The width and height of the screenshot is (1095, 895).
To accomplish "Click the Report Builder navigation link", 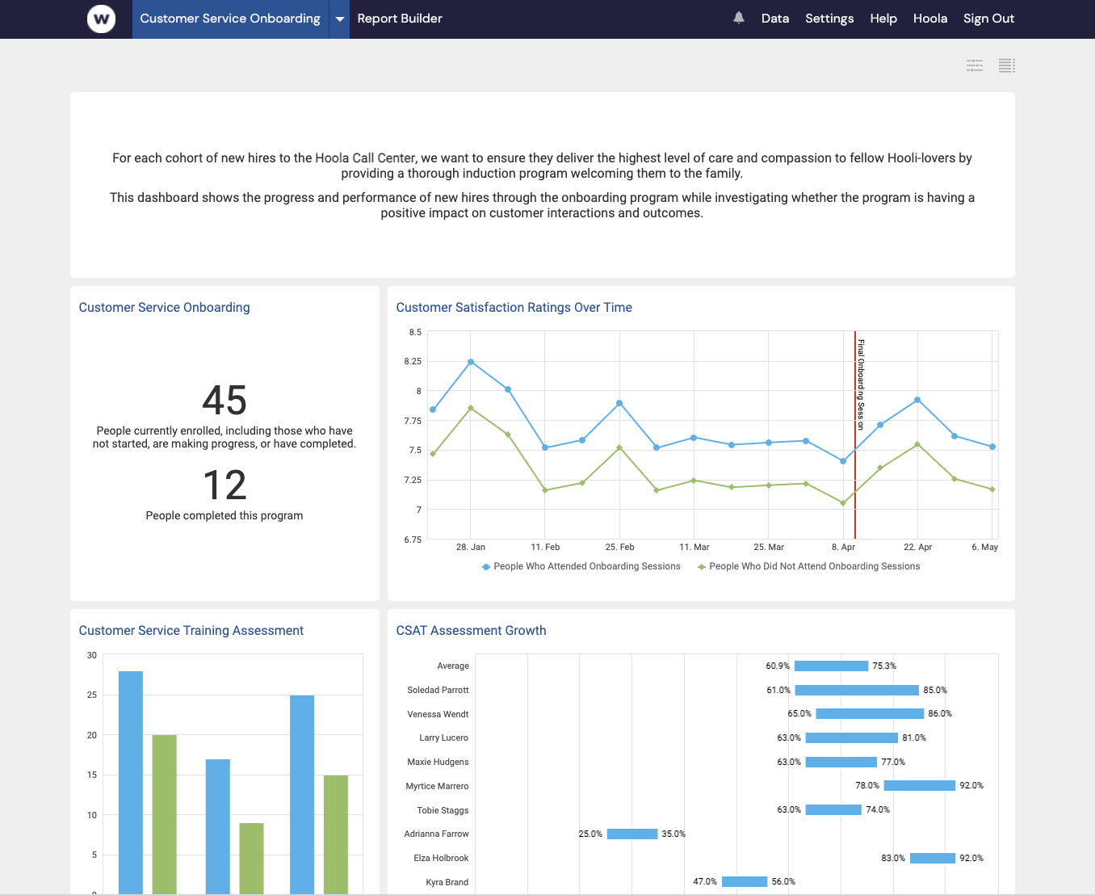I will point(400,19).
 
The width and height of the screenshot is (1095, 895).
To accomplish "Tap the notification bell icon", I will point(738,18).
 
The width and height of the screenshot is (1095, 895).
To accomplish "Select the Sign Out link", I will point(988,19).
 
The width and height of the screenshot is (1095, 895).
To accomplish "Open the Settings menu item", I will point(829,19).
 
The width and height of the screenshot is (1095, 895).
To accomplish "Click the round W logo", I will point(101,19).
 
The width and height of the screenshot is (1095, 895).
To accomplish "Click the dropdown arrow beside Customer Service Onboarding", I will point(340,19).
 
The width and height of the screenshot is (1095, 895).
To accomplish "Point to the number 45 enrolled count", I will point(224,401).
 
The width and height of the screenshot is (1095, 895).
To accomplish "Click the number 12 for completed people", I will point(224,485).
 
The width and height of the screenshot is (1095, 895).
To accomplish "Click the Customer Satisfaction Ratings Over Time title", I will point(514,308).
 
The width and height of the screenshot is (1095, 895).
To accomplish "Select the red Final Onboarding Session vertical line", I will point(855,485).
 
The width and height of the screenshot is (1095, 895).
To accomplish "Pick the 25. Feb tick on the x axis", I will point(619,547).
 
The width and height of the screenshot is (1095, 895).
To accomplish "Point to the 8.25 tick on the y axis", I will point(413,361).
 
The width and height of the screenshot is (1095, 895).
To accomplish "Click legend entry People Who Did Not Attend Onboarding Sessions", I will point(813,566).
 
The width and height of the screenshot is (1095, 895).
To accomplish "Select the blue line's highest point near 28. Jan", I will point(471,362).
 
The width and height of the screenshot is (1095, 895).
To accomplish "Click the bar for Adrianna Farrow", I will point(632,834).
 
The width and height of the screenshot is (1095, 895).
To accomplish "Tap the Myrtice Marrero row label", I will point(437,786).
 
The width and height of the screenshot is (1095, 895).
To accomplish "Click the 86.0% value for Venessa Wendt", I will point(940,714).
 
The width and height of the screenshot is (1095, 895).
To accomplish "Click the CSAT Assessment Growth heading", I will point(471,631).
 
